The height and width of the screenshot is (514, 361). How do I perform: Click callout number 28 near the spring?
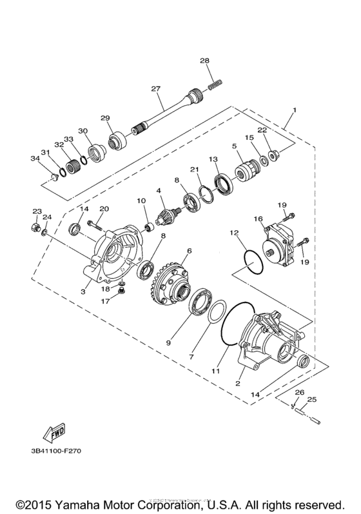(204, 61)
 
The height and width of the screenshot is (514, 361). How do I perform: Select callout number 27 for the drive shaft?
(155, 88)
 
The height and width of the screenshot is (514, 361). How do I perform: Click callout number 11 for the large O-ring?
(216, 371)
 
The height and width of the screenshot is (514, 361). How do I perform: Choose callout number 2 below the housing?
(239, 383)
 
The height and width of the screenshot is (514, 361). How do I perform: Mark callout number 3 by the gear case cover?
(84, 292)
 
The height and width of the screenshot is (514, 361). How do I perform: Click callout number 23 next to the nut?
(37, 212)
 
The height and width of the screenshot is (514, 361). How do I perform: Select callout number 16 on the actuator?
(258, 219)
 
